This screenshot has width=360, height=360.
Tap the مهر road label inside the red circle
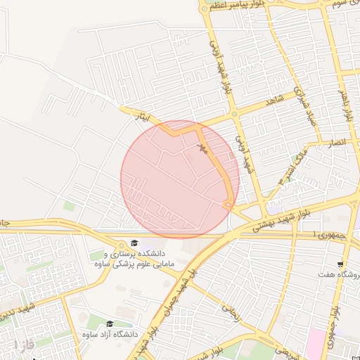tap(203, 148)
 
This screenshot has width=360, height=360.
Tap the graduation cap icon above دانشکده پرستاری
tap(134, 243)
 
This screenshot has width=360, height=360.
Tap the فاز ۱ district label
tap(23, 345)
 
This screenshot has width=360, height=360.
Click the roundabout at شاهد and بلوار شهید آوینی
tap(234, 115)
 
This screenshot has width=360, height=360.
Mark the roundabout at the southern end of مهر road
tap(226, 205)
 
